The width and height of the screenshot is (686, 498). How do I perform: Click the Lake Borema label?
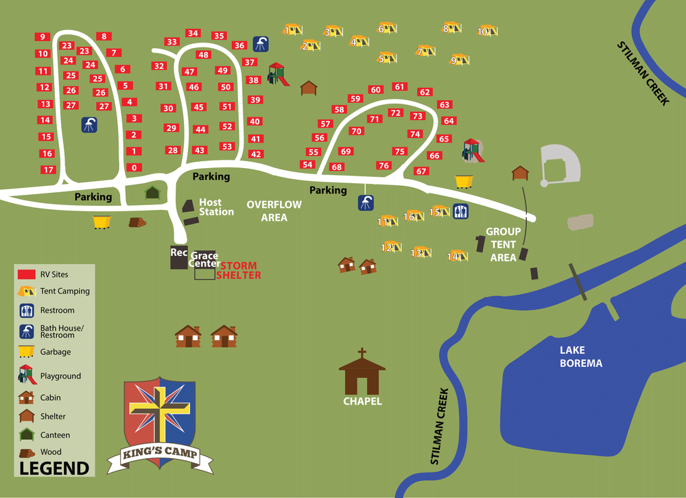pyautogui.click(x=580, y=357)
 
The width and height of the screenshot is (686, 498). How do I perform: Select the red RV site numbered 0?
pyautogui.click(x=134, y=167)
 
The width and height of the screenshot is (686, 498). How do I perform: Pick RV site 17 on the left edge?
pyautogui.click(x=48, y=169)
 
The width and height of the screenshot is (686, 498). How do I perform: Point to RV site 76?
pyautogui.click(x=383, y=165)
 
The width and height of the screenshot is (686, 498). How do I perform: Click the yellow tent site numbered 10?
pyautogui.click(x=486, y=31)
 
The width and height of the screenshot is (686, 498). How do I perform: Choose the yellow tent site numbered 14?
pyautogui.click(x=456, y=257)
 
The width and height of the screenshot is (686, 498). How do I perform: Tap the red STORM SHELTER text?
pyautogui.click(x=238, y=270)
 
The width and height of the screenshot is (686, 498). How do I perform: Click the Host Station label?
pyautogui.click(x=216, y=207)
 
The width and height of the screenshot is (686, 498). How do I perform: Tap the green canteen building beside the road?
pyautogui.click(x=152, y=193)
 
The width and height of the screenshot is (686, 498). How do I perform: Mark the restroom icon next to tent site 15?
pyautogui.click(x=460, y=211)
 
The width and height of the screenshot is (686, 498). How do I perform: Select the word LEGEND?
pyautogui.click(x=54, y=469)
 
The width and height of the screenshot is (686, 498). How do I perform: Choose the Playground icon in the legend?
pyautogui.click(x=27, y=375)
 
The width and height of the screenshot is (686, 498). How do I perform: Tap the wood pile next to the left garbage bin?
pyautogui.click(x=137, y=222)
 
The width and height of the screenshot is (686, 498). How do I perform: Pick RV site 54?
pyautogui.click(x=307, y=165)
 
